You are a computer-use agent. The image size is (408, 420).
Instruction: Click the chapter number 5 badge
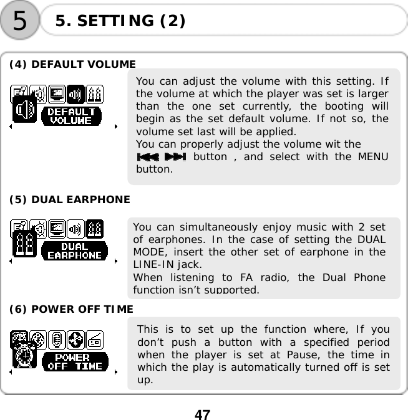(20, 21)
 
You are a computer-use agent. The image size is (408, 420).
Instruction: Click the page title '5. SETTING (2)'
(120, 21)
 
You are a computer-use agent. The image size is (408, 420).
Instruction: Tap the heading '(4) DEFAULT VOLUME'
(72, 64)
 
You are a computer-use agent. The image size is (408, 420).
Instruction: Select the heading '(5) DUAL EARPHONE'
(69, 199)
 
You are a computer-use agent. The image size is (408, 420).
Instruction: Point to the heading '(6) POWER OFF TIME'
(70, 309)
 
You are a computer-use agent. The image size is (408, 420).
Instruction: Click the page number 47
(202, 414)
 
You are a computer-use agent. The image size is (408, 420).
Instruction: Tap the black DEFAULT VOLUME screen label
(70, 117)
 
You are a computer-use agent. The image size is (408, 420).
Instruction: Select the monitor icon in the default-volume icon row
(57, 93)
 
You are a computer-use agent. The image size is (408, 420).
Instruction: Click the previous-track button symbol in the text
(147, 157)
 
